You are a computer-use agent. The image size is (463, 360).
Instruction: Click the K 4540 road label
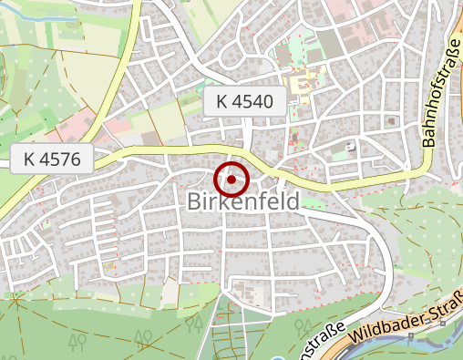tap(245, 102)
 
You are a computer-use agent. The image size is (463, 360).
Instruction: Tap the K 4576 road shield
tap(54, 159)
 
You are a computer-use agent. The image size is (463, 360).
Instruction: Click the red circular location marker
tap(232, 180)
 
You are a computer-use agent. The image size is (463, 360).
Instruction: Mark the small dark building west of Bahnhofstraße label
tap(392, 119)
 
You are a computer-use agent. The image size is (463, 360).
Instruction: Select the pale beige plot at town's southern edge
tap(170, 292)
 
